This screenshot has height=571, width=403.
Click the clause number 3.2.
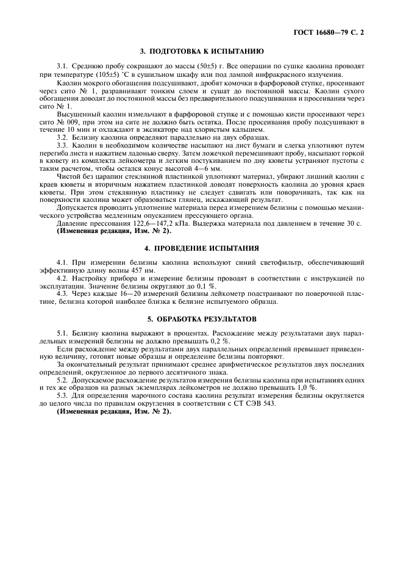click(63, 138)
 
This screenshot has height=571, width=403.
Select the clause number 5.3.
click(63, 395)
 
